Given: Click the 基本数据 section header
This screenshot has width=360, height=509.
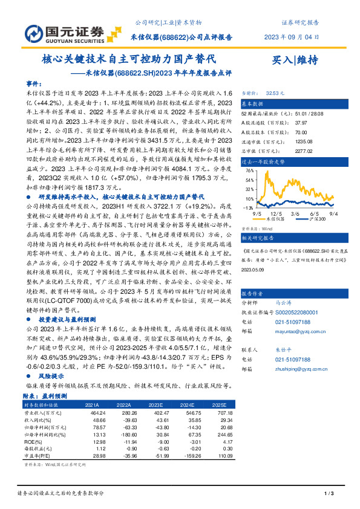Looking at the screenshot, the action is (254, 103).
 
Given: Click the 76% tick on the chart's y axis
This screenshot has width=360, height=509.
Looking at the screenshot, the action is (250, 171).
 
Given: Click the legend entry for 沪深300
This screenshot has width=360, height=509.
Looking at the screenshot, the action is (321, 219).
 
